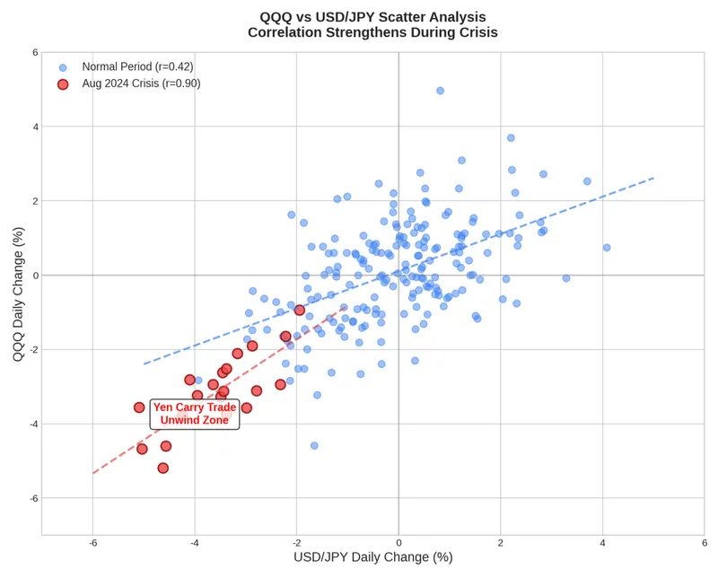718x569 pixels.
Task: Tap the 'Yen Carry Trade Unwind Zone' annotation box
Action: [x=194, y=414]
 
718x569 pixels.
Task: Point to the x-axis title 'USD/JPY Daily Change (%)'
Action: [x=372, y=557]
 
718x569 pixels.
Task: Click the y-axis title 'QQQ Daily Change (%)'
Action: [x=18, y=293]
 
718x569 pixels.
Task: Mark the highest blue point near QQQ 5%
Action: [x=440, y=91]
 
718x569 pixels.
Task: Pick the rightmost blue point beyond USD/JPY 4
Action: [x=607, y=247]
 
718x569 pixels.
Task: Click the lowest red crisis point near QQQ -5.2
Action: [x=162, y=468]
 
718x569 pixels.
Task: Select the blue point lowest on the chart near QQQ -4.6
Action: [x=314, y=445]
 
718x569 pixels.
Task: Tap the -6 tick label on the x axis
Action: [x=92, y=543]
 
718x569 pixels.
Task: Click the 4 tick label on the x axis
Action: [x=602, y=543]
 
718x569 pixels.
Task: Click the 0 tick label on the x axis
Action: [x=398, y=543]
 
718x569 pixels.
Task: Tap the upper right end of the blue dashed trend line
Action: [x=653, y=178]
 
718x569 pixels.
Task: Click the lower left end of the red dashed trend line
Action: [x=93, y=473]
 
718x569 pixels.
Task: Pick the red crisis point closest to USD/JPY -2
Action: [x=300, y=310]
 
